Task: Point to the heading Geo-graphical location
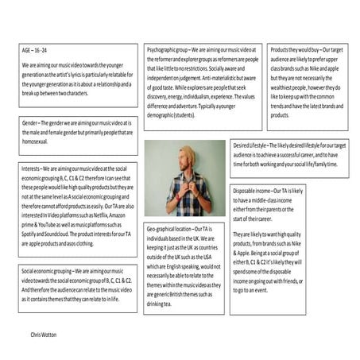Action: coord(170,229)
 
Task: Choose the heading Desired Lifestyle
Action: coord(250,146)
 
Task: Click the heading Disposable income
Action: coord(252,192)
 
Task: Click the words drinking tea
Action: coord(164,303)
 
